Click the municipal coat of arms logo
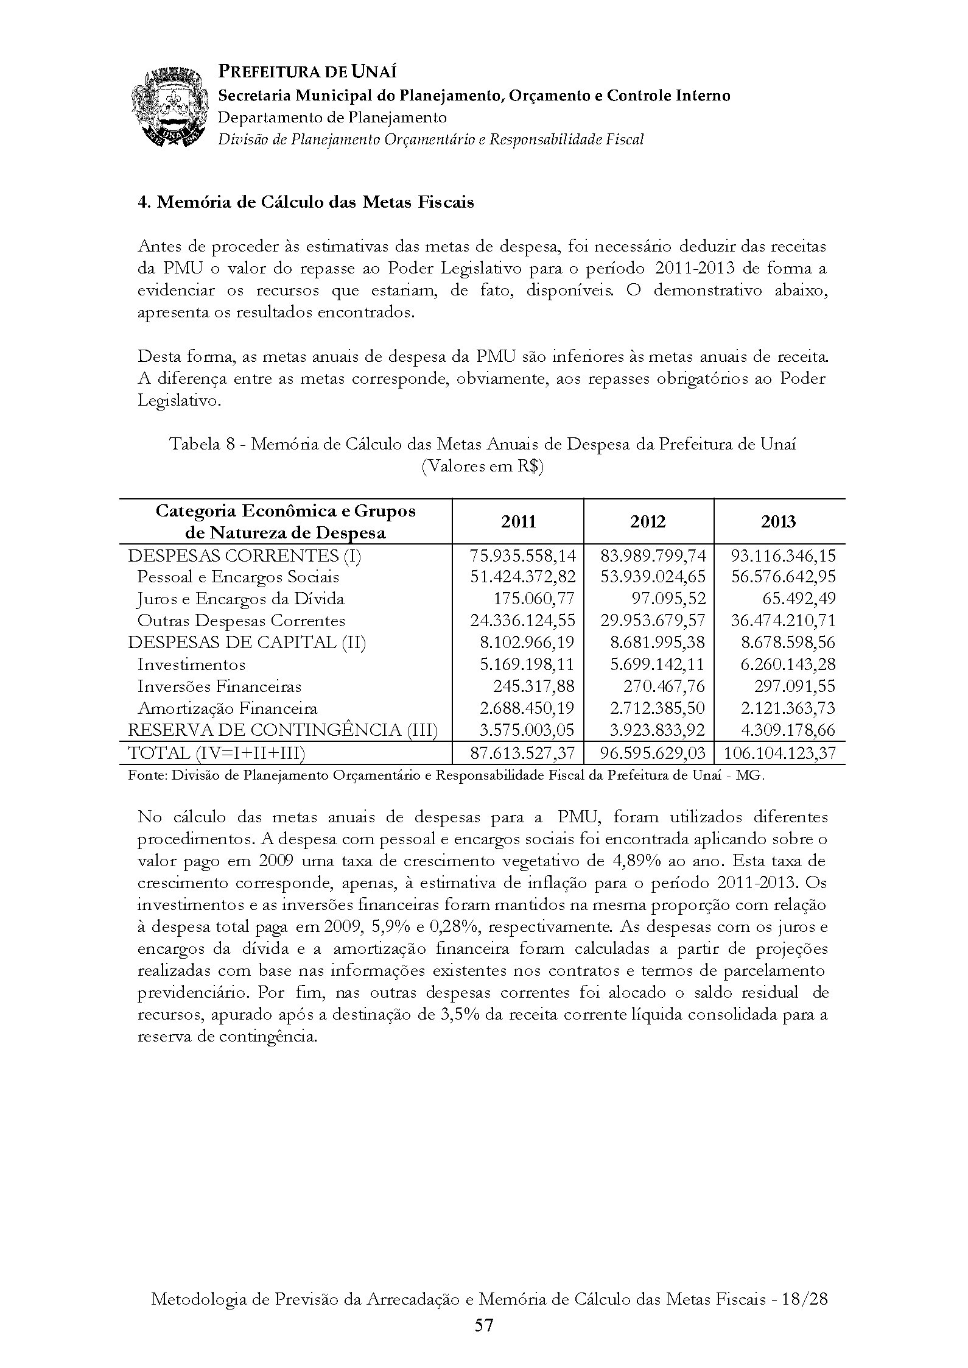pos(168,107)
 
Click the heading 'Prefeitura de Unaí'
pos(307,72)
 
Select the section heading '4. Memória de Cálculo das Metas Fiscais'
pos(306,202)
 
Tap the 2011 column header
pos(519,521)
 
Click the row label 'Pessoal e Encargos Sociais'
pos(238,577)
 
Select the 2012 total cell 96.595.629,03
pos(653,753)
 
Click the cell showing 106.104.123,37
pos(780,753)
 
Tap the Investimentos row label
pos(191,665)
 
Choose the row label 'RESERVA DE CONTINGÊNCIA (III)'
pos(282,730)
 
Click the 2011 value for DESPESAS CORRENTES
pos(522,555)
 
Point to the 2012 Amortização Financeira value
pos(658,708)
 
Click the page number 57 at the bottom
pos(484,1325)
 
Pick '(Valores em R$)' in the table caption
pos(482,467)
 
